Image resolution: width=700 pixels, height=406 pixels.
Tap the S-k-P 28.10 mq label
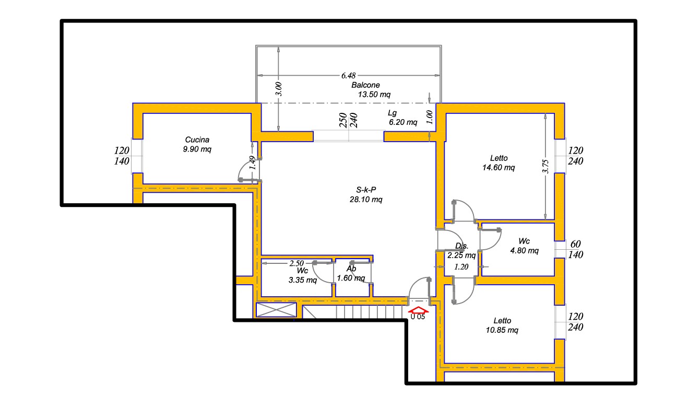click(x=366, y=194)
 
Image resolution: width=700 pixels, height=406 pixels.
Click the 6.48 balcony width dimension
click(x=349, y=75)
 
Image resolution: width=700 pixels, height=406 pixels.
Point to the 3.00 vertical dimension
click(x=279, y=89)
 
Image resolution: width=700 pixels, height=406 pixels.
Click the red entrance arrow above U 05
click(x=418, y=310)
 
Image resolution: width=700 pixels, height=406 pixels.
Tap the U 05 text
click(x=418, y=317)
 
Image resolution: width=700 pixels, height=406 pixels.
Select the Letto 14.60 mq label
click(x=499, y=163)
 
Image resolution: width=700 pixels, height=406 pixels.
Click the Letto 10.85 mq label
click(x=502, y=326)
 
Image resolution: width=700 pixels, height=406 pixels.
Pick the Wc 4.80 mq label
click(x=525, y=246)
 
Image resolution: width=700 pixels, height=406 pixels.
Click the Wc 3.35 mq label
click(x=303, y=275)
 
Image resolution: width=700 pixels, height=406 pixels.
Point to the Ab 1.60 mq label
click(x=351, y=273)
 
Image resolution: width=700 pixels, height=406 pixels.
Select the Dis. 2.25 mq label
click(x=461, y=251)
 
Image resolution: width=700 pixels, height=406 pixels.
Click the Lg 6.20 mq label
click(x=403, y=118)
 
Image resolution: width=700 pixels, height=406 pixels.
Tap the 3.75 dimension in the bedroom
click(x=545, y=166)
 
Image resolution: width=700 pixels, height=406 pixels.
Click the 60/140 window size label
click(x=575, y=249)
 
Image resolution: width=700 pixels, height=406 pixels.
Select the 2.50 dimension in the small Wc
click(x=296, y=263)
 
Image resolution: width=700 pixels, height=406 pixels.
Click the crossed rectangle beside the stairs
click(x=276, y=310)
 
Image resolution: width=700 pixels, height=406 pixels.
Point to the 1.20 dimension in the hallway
click(x=461, y=267)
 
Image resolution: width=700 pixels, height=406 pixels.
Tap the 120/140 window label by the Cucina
click(x=122, y=156)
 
